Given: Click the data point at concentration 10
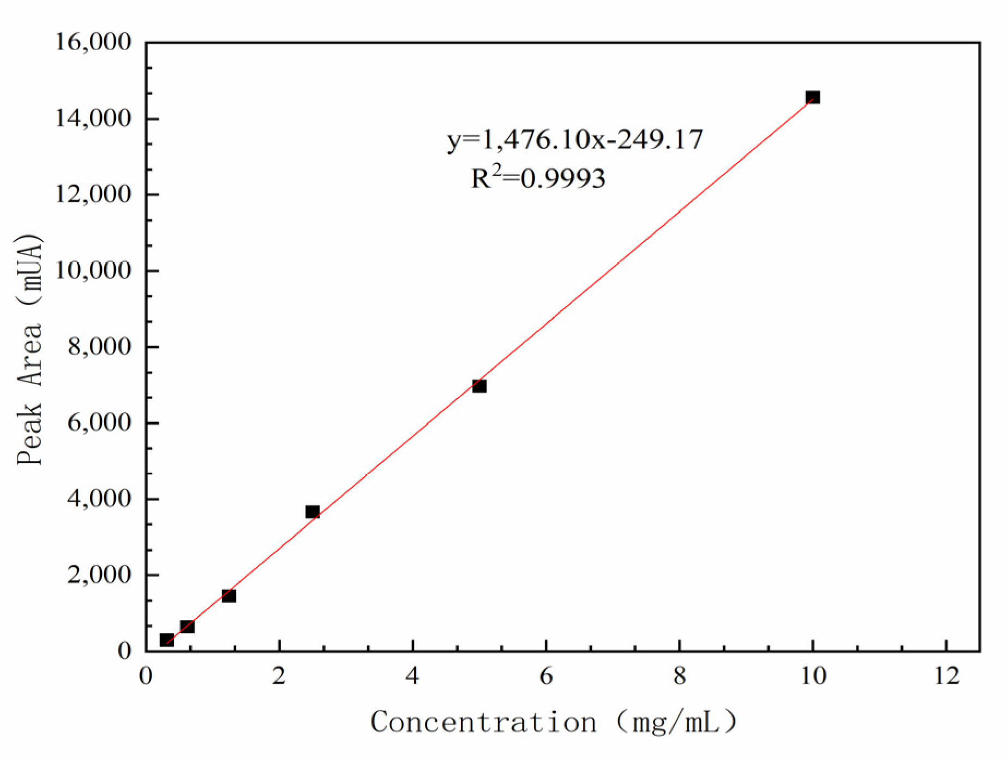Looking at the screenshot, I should click(x=812, y=98).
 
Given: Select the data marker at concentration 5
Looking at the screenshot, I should click(x=479, y=386).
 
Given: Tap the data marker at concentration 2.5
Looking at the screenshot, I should click(x=313, y=512).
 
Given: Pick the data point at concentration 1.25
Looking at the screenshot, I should click(x=229, y=595).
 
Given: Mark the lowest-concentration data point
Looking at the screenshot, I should click(x=166, y=640).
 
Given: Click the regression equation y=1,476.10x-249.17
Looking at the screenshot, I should click(x=575, y=140).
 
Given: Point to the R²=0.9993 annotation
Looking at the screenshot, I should click(x=538, y=178).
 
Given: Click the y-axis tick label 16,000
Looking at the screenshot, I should click(x=93, y=42).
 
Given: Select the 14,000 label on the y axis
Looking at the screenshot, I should click(x=93, y=118).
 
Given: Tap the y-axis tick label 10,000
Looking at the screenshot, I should click(x=93, y=270).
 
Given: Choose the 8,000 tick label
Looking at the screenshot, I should click(x=99, y=347).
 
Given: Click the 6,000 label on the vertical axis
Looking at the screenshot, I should click(x=99, y=423).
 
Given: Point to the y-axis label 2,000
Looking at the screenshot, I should click(x=99, y=575).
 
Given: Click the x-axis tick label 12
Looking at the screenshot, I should click(x=946, y=676).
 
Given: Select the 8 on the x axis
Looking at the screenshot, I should click(x=679, y=676).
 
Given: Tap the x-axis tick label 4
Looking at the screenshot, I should click(x=412, y=676).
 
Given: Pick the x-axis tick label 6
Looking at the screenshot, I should click(x=546, y=676).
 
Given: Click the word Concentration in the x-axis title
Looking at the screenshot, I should click(x=483, y=723).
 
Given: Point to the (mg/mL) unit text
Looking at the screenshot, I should click(x=676, y=723).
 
